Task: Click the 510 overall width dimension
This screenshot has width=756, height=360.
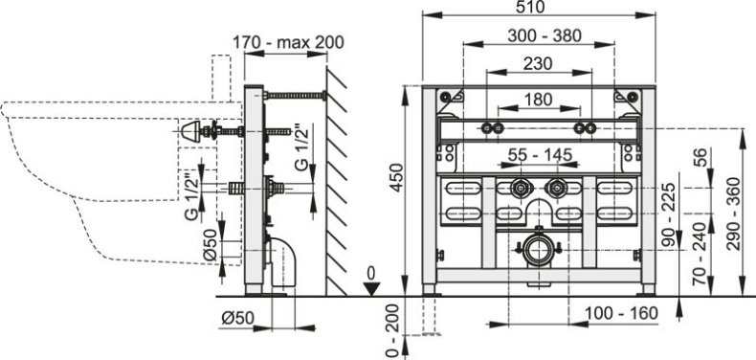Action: [x=535, y=8]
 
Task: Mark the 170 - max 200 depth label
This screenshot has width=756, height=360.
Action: [x=289, y=43]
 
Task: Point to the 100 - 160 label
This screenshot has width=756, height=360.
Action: [x=618, y=313]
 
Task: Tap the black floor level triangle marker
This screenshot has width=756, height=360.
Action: [x=373, y=288]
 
